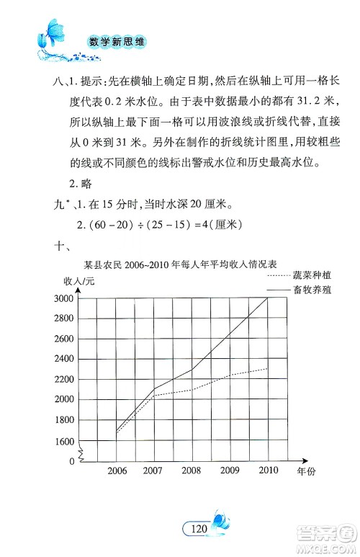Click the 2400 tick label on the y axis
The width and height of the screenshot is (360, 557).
64,358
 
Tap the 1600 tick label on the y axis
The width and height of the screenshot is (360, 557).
64,440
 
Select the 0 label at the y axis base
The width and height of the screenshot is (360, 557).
72,460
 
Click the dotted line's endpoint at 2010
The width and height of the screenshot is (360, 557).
268,368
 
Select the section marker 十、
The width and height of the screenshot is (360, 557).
60,246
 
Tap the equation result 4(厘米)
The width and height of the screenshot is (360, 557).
216,223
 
